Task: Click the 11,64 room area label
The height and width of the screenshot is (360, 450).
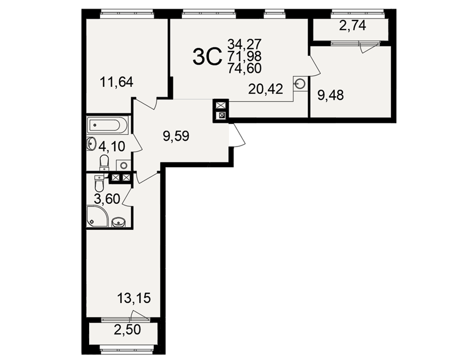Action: tap(117, 82)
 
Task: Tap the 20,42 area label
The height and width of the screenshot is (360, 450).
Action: tap(266, 89)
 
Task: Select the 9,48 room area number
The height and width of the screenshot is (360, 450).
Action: tap(330, 95)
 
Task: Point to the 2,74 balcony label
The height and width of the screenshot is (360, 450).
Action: tap(353, 26)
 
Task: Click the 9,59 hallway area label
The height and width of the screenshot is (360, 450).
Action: tap(176, 136)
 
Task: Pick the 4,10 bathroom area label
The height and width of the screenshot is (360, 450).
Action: tap(112, 146)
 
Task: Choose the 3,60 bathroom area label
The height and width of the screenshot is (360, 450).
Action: tap(107, 198)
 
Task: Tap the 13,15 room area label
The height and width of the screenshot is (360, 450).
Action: tap(134, 298)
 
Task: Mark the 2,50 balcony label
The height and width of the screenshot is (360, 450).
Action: tap(127, 329)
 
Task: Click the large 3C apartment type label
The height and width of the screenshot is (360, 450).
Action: tap(207, 57)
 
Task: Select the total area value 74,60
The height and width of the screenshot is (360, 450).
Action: tap(244, 68)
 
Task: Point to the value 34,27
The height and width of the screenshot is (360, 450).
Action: tap(244, 44)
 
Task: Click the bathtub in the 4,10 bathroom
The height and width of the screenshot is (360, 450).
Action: tap(108, 125)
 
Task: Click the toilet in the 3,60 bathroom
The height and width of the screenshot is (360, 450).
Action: tap(99, 184)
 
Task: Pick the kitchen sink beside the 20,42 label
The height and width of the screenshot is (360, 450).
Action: tap(300, 84)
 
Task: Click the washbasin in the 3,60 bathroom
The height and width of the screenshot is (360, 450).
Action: tap(118, 222)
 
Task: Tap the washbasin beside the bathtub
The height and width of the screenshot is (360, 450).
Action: tap(91, 143)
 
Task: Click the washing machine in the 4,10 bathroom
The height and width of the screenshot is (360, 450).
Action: tap(123, 166)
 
